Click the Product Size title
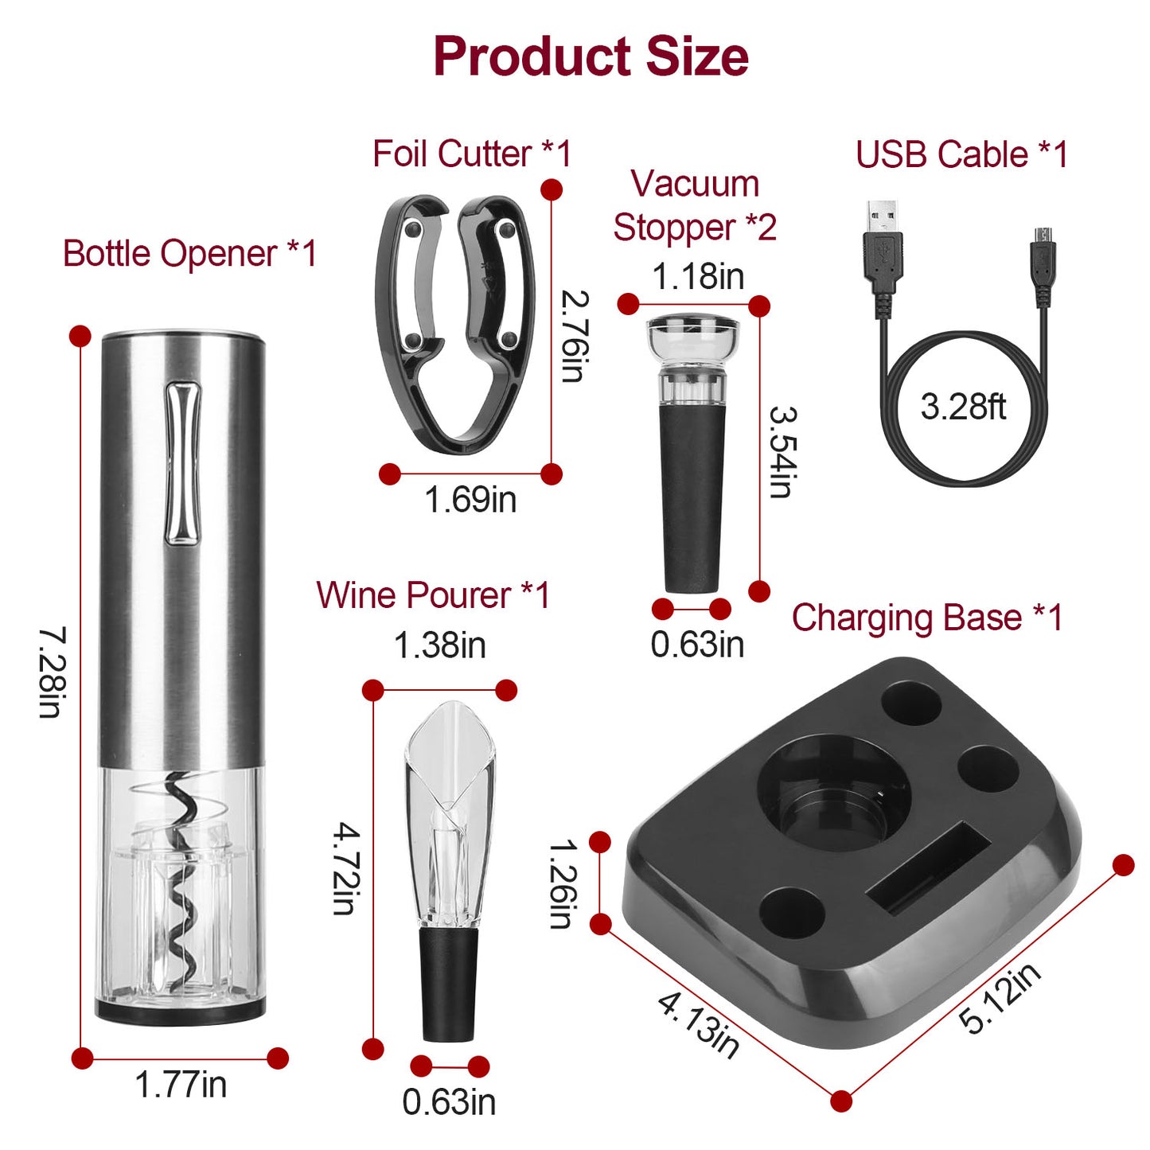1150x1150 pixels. [x=591, y=56]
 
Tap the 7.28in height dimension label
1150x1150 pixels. [x=52, y=672]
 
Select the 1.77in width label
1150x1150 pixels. [x=181, y=1085]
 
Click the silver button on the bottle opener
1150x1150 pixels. [x=182, y=463]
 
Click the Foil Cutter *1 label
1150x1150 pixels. [x=472, y=154]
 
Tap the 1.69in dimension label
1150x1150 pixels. [x=470, y=500]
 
